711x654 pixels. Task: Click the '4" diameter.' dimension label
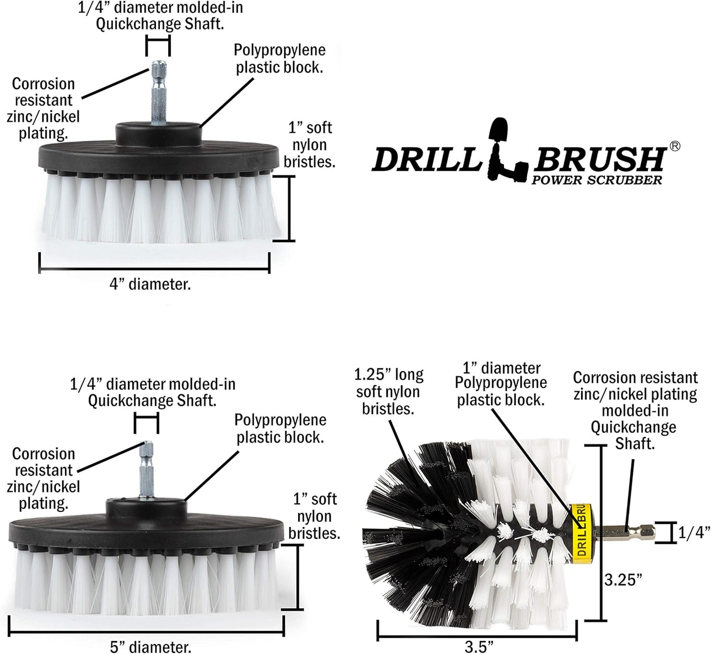point(150,284)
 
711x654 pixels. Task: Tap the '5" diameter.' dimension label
point(150,646)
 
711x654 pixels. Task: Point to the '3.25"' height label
point(623,580)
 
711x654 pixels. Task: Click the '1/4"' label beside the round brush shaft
point(694,533)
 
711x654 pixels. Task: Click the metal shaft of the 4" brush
point(158,93)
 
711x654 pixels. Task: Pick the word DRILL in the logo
point(426,160)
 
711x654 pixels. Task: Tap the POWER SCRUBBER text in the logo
point(596,180)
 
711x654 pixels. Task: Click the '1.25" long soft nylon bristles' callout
point(388,392)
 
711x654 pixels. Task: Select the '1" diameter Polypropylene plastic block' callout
point(501,384)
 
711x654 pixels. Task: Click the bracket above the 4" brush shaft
point(158,48)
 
